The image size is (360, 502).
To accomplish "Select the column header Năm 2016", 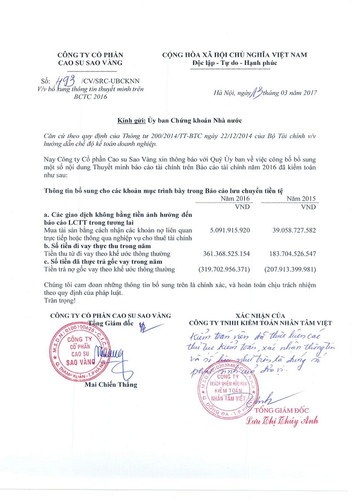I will (235, 199).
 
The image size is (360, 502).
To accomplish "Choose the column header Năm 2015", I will (301, 199).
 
